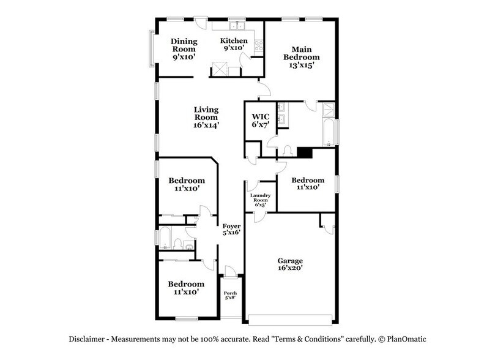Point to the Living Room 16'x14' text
pyautogui.click(x=207, y=117)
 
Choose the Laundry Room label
pyautogui.click(x=261, y=200)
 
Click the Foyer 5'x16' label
pyautogui.click(x=231, y=228)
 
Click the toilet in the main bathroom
pyautogui.click(x=288, y=151)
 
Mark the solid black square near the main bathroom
pyautogui.click(x=305, y=152)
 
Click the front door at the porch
pyautogui.click(x=229, y=272)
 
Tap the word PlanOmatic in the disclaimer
pyautogui.click(x=405, y=339)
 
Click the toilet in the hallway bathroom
pyautogui.click(x=178, y=245)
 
